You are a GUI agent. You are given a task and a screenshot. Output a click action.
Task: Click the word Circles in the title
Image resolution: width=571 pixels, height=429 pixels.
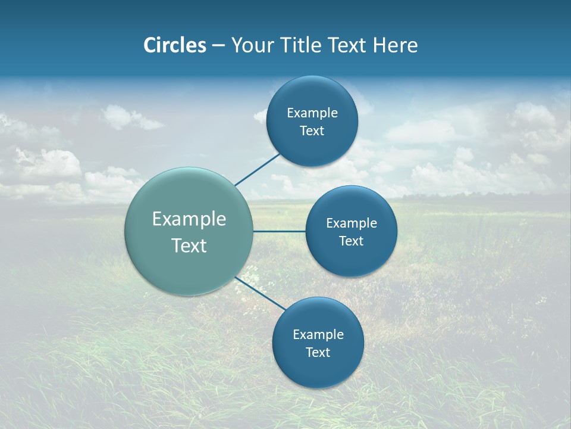pyautogui.click(x=175, y=45)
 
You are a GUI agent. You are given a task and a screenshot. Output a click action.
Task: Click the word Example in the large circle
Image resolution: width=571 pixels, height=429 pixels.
pyautogui.click(x=189, y=219)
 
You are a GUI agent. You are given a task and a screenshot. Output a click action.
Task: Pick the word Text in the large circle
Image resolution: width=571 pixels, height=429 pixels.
pyautogui.click(x=189, y=245)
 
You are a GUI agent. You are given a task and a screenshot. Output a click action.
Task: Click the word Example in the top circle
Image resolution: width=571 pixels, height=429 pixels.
pyautogui.click(x=312, y=113)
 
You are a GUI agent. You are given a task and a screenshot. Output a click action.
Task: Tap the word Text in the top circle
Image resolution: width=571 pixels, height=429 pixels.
pyautogui.click(x=312, y=131)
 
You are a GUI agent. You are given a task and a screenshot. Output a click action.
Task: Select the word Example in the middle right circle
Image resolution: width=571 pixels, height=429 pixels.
pyautogui.click(x=351, y=223)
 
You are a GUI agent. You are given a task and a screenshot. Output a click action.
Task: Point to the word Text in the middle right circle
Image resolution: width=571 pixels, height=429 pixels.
pyautogui.click(x=351, y=241)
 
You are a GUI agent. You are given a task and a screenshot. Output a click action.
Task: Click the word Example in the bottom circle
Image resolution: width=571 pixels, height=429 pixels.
pyautogui.click(x=318, y=335)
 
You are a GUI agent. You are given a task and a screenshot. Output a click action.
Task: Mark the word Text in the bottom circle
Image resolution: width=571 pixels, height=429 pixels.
pyautogui.click(x=318, y=353)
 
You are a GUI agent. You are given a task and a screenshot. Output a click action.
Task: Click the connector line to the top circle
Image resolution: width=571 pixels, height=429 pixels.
pyautogui.click(x=258, y=170)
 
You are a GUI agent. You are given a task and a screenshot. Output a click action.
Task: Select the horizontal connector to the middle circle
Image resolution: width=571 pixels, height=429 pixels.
pyautogui.click(x=279, y=231)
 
